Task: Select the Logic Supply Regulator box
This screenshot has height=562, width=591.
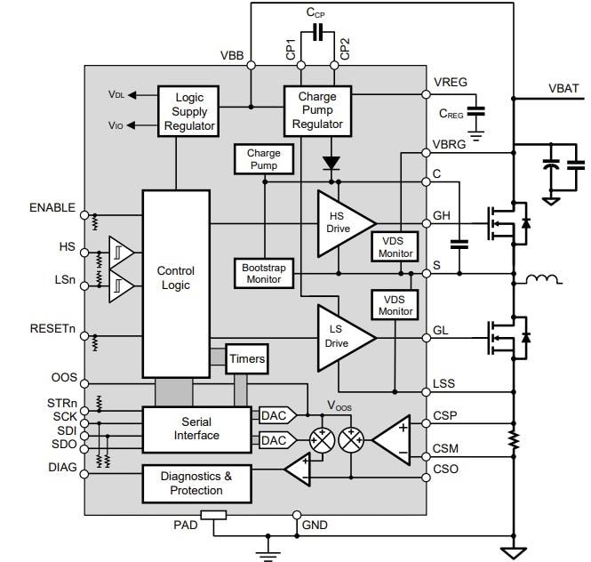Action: [189, 112]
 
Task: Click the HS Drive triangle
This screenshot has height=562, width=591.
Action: [342, 221]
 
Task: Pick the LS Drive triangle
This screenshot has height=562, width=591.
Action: [342, 337]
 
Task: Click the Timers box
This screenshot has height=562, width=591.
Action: [246, 359]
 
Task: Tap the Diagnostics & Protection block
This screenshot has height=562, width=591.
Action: [196, 483]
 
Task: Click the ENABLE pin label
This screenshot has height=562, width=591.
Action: [52, 207]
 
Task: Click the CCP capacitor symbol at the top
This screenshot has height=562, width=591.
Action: [315, 38]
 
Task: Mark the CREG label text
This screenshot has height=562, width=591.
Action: [451, 113]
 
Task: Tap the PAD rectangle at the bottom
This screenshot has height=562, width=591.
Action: [213, 515]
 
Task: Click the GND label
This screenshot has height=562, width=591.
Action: [315, 526]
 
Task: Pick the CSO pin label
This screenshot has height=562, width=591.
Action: [445, 468]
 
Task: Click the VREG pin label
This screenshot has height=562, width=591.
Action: [451, 83]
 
